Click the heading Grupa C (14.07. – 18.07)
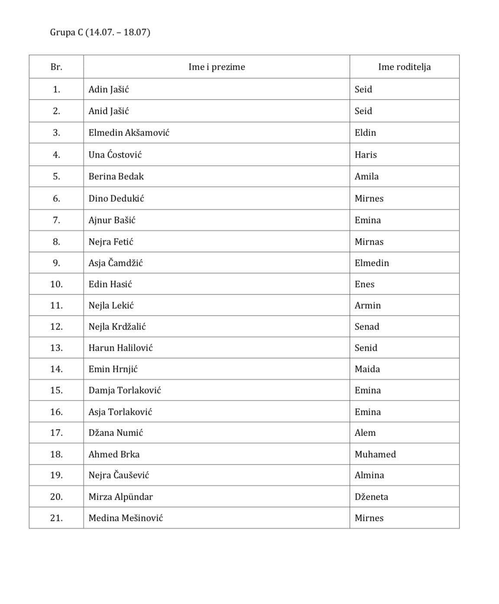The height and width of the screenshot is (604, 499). pos(100,32)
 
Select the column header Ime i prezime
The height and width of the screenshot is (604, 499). pos(217,67)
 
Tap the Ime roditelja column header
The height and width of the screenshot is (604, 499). pos(404,67)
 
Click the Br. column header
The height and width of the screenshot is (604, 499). pos(56,67)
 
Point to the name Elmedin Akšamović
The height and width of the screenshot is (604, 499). pos(129,133)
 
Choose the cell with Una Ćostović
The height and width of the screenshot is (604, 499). pos(115,155)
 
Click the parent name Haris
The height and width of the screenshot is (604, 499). pos(366,155)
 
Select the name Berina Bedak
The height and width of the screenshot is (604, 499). pos(116,177)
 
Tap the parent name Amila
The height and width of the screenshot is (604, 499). pos(366,177)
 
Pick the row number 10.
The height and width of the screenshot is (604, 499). pos(56,284)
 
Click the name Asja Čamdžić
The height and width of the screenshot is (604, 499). pos(115,263)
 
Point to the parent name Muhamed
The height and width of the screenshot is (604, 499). pos(375,455)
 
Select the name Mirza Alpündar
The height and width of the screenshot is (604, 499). pos(120,497)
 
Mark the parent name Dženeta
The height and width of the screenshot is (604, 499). pos(371,497)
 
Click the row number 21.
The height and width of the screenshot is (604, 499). pos(56,518)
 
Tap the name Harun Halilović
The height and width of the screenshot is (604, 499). pos(120,348)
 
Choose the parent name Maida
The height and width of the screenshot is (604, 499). pos(367,369)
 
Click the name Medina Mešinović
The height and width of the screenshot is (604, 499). pos(126,518)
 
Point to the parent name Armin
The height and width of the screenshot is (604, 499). pos(368,306)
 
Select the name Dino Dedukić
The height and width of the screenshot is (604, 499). pos(116,199)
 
